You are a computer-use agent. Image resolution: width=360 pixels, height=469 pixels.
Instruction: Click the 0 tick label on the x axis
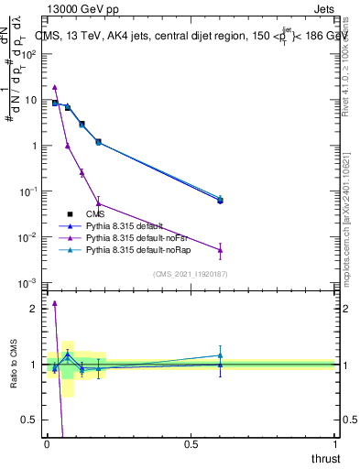(47, 445)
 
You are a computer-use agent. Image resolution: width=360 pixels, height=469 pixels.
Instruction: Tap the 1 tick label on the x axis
(335, 445)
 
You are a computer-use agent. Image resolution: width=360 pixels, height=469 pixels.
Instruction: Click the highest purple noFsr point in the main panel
(55, 87)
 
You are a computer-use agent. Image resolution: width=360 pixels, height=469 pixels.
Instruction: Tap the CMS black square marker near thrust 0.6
(219, 200)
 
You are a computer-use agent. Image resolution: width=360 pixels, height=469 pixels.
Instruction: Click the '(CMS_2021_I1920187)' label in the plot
(190, 273)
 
